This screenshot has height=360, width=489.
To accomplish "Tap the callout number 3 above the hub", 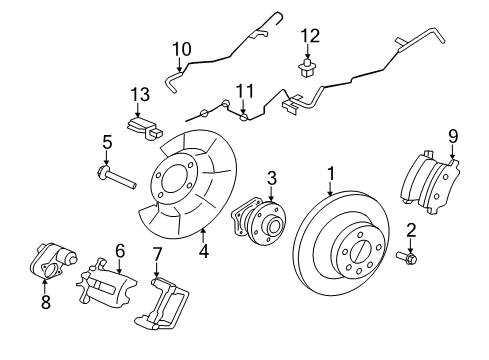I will coord(271,179).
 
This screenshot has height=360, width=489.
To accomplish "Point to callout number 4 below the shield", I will coord(203,252).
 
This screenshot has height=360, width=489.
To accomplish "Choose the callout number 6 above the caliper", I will coord(120,251).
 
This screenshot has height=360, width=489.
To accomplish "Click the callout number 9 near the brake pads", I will coord(453,135).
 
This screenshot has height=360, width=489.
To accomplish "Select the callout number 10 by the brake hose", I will coord(181,47).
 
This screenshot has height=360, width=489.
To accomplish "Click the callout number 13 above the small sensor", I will coord(140,94).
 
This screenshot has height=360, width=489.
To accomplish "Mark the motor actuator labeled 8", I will coord(48,261).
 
